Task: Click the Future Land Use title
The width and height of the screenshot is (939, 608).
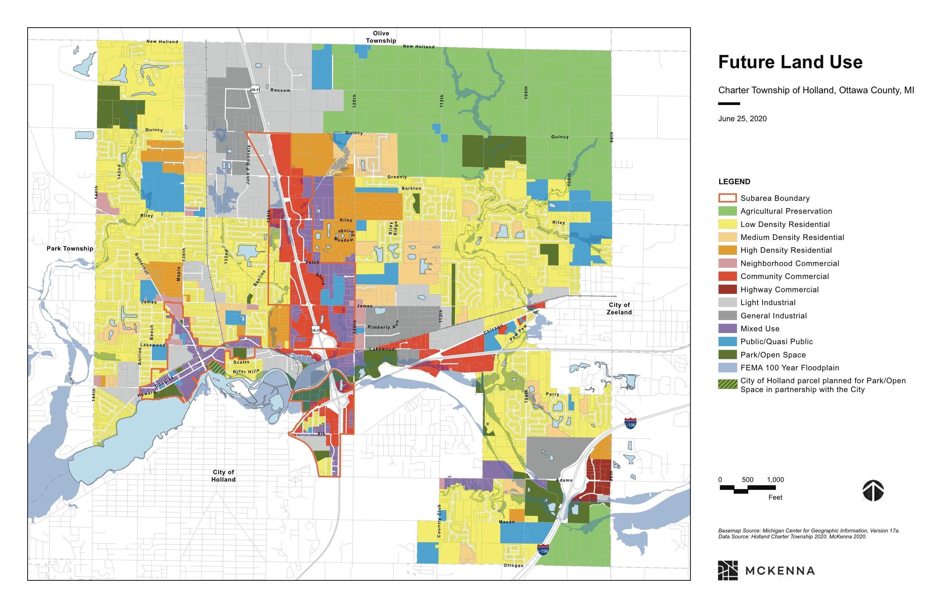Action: [x=790, y=62]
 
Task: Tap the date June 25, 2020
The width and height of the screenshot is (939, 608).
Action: [x=742, y=118]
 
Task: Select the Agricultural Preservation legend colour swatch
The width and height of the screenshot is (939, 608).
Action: [x=727, y=211]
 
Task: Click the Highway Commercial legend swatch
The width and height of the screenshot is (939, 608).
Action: [x=727, y=289]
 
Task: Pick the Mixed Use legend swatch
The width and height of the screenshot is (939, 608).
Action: [x=727, y=328]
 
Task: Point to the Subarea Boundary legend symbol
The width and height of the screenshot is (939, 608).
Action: [x=727, y=198]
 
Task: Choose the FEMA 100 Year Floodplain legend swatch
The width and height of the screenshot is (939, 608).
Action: [x=727, y=368]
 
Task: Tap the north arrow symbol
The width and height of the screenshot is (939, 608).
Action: [x=872, y=490]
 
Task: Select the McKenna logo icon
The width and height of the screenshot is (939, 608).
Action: [x=728, y=570]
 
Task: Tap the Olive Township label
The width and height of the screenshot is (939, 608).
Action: [x=381, y=37]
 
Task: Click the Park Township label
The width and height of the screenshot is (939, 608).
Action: [x=70, y=248]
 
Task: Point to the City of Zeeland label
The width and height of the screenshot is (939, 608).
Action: [x=619, y=308]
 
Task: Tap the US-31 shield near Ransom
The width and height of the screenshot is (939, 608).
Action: [x=255, y=90]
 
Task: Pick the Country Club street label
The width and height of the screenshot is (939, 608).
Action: [x=439, y=521]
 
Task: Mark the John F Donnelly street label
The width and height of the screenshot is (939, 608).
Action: [x=248, y=165]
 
